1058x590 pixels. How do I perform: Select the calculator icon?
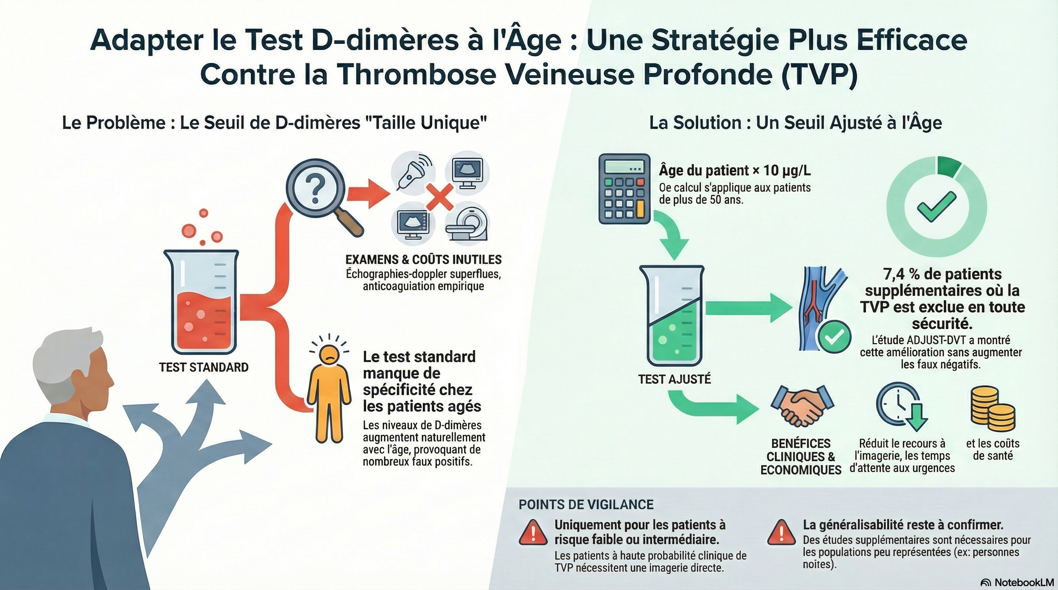(624, 188)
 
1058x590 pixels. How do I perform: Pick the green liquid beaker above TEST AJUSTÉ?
(672, 316)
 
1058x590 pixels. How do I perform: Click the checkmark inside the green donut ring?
(937, 207)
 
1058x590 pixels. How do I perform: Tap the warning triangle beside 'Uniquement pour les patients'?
(533, 532)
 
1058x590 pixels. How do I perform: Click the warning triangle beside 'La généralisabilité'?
(782, 532)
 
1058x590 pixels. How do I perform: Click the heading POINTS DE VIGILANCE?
(586, 504)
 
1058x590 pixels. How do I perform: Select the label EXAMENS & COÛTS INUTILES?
(423, 259)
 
